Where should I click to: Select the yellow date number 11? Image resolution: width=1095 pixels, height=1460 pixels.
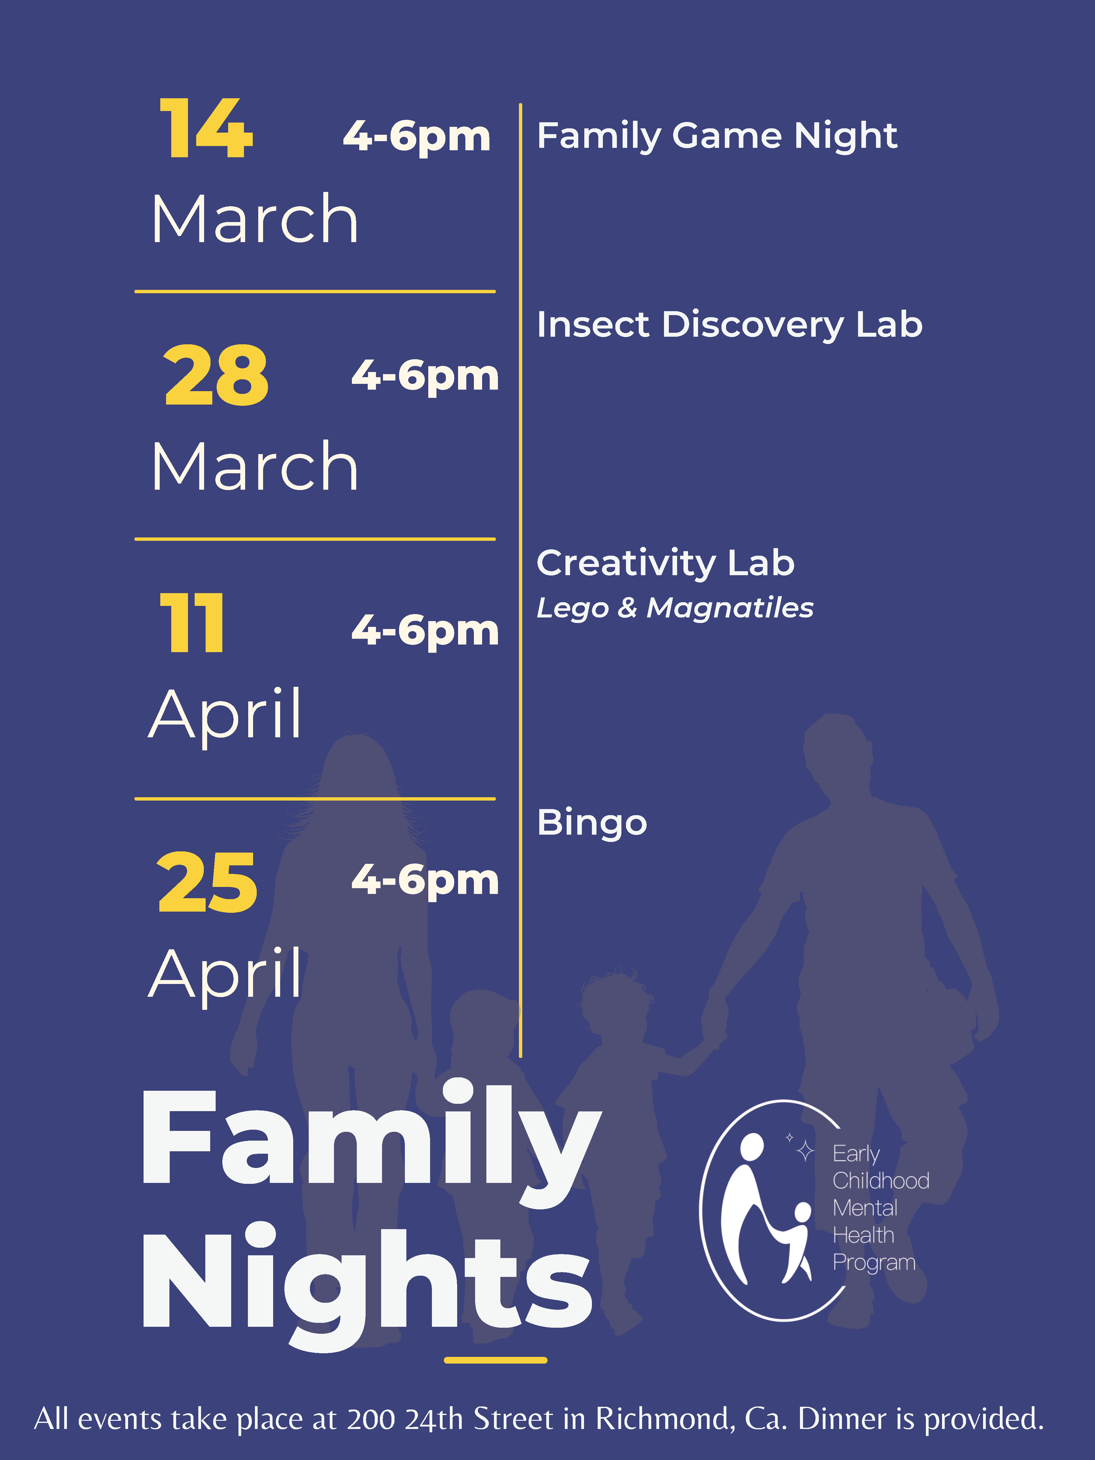pos(192,622)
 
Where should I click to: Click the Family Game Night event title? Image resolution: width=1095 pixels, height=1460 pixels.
pos(717,136)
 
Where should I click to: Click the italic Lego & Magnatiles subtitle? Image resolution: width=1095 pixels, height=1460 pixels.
pos(675,608)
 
